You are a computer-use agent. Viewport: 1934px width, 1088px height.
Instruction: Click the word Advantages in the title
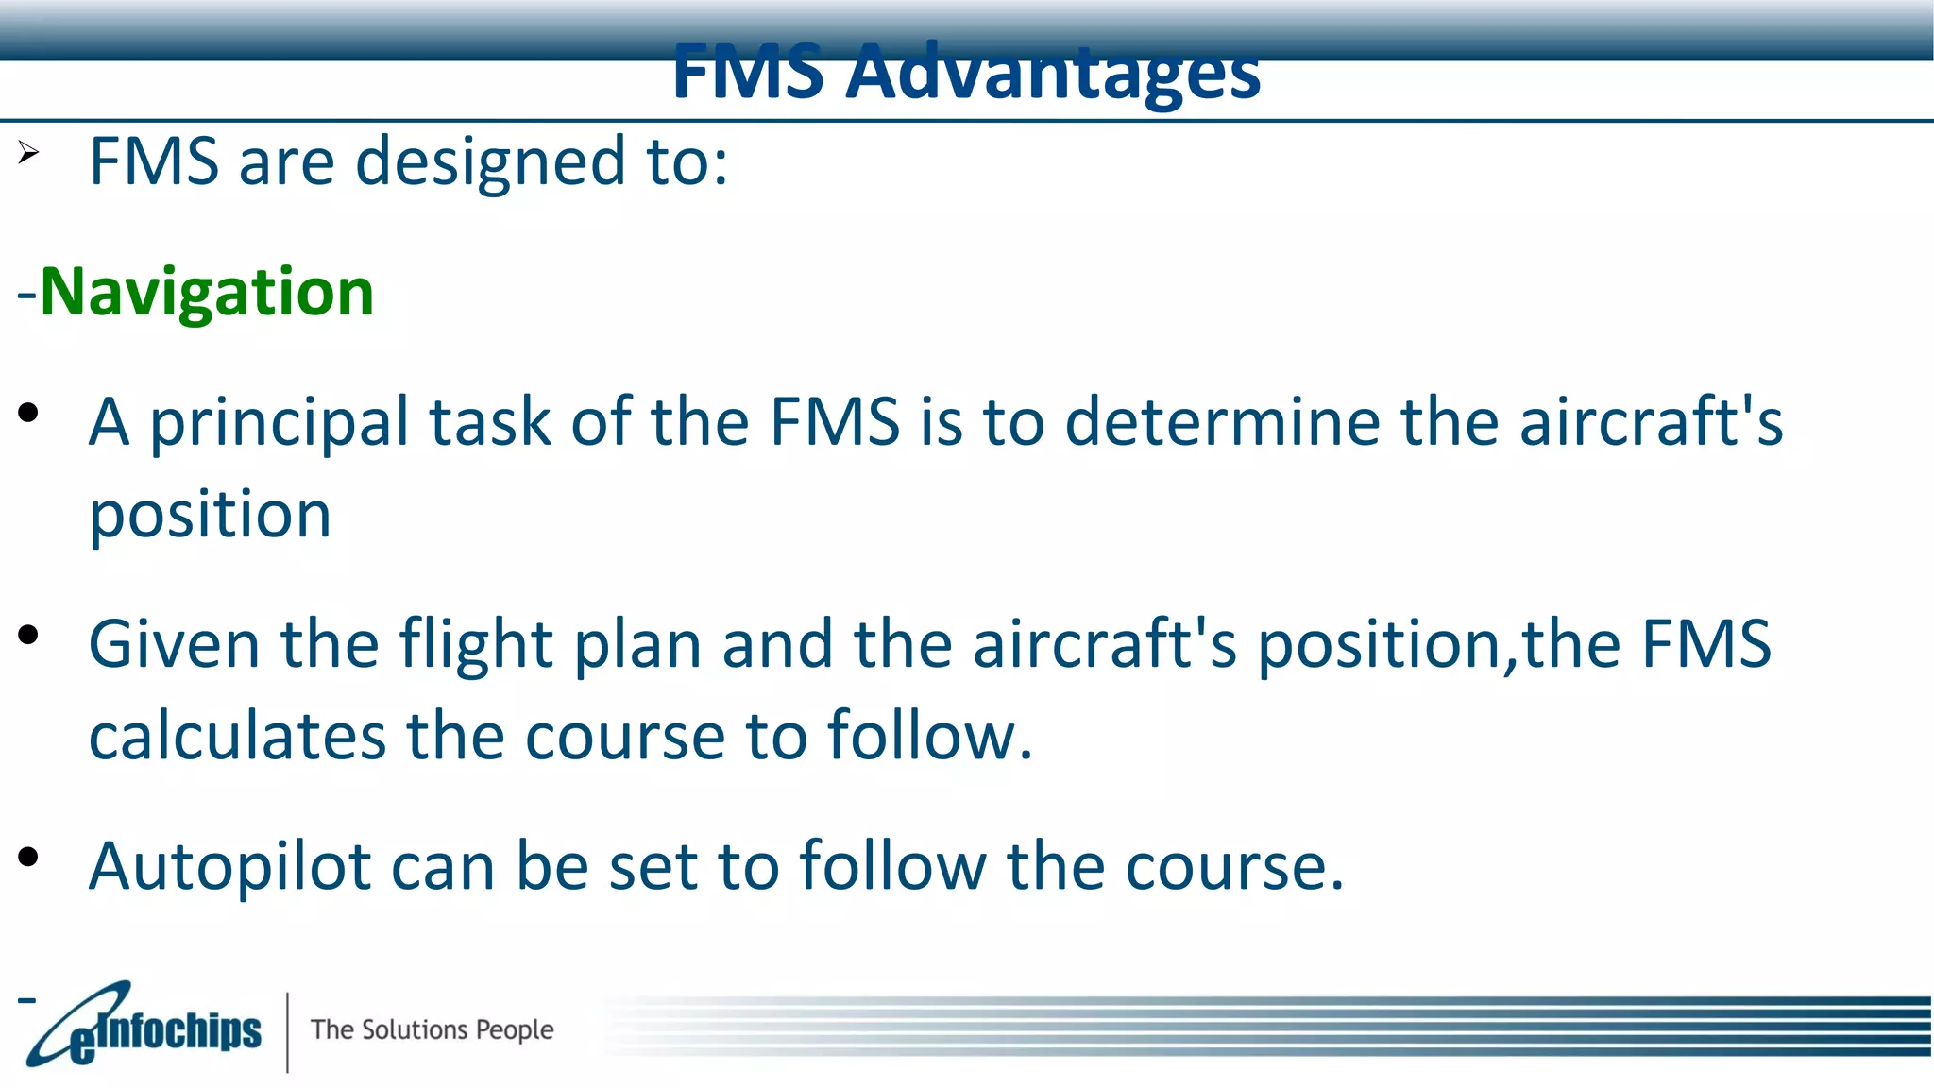click(1052, 74)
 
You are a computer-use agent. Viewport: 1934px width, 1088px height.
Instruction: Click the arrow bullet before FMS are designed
click(28, 152)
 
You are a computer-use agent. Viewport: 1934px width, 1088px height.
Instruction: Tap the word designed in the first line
click(490, 161)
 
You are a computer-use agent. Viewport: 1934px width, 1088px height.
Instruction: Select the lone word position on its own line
click(210, 516)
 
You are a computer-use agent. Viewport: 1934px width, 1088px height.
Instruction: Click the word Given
click(174, 644)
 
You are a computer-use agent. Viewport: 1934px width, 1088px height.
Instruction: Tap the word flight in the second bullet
click(476, 645)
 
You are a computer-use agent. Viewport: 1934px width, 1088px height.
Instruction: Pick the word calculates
click(237, 736)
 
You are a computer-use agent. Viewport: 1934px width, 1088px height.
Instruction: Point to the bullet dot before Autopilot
click(28, 857)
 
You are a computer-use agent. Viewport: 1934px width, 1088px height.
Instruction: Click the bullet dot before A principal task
click(28, 412)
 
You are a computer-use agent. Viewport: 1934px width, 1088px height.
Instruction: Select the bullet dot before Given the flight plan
click(28, 635)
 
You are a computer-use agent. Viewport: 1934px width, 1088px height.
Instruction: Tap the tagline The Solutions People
click(432, 1029)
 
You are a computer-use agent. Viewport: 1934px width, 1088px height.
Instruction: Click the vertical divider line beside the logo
click(287, 1031)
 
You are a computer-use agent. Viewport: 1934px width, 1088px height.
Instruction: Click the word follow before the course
click(891, 866)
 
